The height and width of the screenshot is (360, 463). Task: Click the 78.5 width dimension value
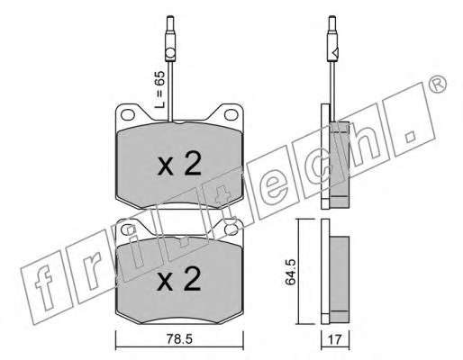pos(179,339)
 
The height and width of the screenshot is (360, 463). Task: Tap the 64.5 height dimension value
pos(291,272)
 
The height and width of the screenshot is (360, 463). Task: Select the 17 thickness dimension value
pos(334,339)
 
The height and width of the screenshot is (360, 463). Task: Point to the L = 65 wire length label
pos(159,90)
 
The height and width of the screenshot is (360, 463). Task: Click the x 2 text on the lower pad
pos(179,279)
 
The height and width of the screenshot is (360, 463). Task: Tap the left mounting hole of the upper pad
pos(127,114)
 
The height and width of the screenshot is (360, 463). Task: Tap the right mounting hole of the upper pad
pos(231,114)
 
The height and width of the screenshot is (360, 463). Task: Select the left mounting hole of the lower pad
pos(127,229)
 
